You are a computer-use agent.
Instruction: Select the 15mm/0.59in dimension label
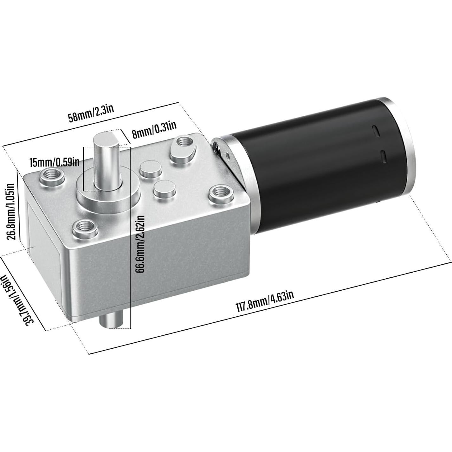tap(54, 162)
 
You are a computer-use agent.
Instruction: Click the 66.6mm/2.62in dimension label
tap(140, 243)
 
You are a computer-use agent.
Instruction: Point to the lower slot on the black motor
tap(383, 156)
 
